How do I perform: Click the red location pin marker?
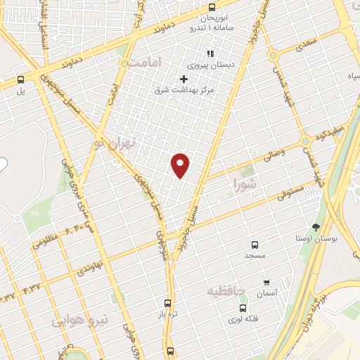pos(181,165)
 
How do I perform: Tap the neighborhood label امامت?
pos(146,63)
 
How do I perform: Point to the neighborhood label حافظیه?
pos(224,289)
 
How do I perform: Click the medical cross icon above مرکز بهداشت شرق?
pos(185,79)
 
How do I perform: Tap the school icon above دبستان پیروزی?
pos(209,53)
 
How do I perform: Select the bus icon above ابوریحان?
pos(212,7)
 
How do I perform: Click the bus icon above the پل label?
pos(20,79)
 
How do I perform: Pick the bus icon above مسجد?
pos(255,245)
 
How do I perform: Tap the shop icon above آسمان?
pos(266,282)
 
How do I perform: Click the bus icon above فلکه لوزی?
pos(243,307)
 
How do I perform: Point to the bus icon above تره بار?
pos(167,303)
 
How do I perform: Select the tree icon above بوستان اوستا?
pos(316,227)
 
